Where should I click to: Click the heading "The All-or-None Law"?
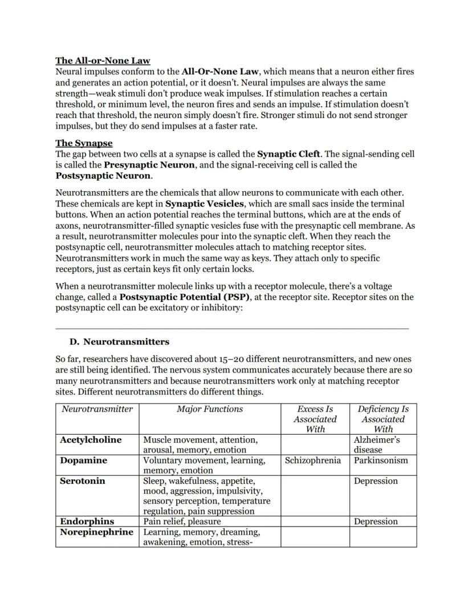click(103, 60)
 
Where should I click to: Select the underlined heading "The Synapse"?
click(84, 143)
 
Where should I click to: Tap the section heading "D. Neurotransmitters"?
click(119, 342)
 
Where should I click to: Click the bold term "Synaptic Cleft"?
click(288, 154)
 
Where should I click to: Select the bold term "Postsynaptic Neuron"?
click(103, 176)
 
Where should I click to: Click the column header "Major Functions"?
click(210, 409)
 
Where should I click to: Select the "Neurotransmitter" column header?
click(97, 409)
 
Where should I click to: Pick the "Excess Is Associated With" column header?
click(315, 419)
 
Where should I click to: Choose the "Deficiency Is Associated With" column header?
click(383, 419)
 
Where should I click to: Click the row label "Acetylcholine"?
click(91, 440)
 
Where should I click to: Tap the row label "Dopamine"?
click(83, 460)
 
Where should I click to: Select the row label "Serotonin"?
click(83, 481)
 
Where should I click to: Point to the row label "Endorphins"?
click(87, 521)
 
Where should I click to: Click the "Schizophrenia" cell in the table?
click(313, 460)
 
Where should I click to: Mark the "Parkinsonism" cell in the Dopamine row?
click(381, 460)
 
